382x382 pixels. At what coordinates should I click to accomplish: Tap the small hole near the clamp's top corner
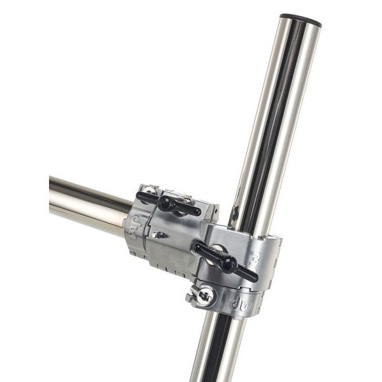148,189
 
